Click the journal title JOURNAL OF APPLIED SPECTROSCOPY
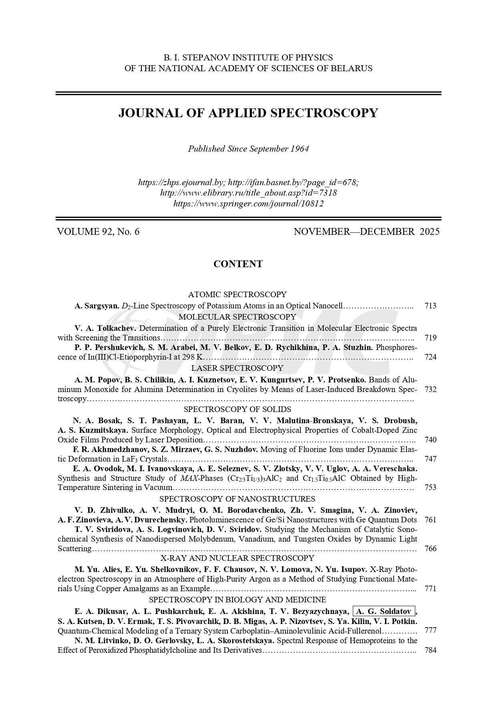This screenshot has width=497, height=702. point(248,113)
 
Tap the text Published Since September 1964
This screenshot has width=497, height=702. point(248,149)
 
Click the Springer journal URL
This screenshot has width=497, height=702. point(248,204)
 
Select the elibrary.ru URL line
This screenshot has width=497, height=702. point(248,193)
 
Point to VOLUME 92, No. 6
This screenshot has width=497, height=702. point(98,232)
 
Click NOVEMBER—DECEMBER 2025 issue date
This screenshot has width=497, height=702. point(366,232)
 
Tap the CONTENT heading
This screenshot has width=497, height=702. point(238,264)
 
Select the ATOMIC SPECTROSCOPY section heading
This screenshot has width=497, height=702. point(237,295)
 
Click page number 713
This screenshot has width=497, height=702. point(430,306)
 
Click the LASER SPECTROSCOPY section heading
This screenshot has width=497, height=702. point(237,368)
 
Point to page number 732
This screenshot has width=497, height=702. point(430,389)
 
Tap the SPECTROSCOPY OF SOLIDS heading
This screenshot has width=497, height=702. point(237,409)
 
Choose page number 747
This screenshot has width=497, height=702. point(430,459)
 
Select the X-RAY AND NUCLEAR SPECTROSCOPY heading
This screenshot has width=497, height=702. point(237,558)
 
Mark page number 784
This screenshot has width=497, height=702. point(430,650)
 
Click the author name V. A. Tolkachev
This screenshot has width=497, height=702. point(106,328)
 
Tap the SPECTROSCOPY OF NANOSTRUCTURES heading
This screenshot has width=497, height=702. point(237,499)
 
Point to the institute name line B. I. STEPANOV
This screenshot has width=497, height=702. point(248,58)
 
